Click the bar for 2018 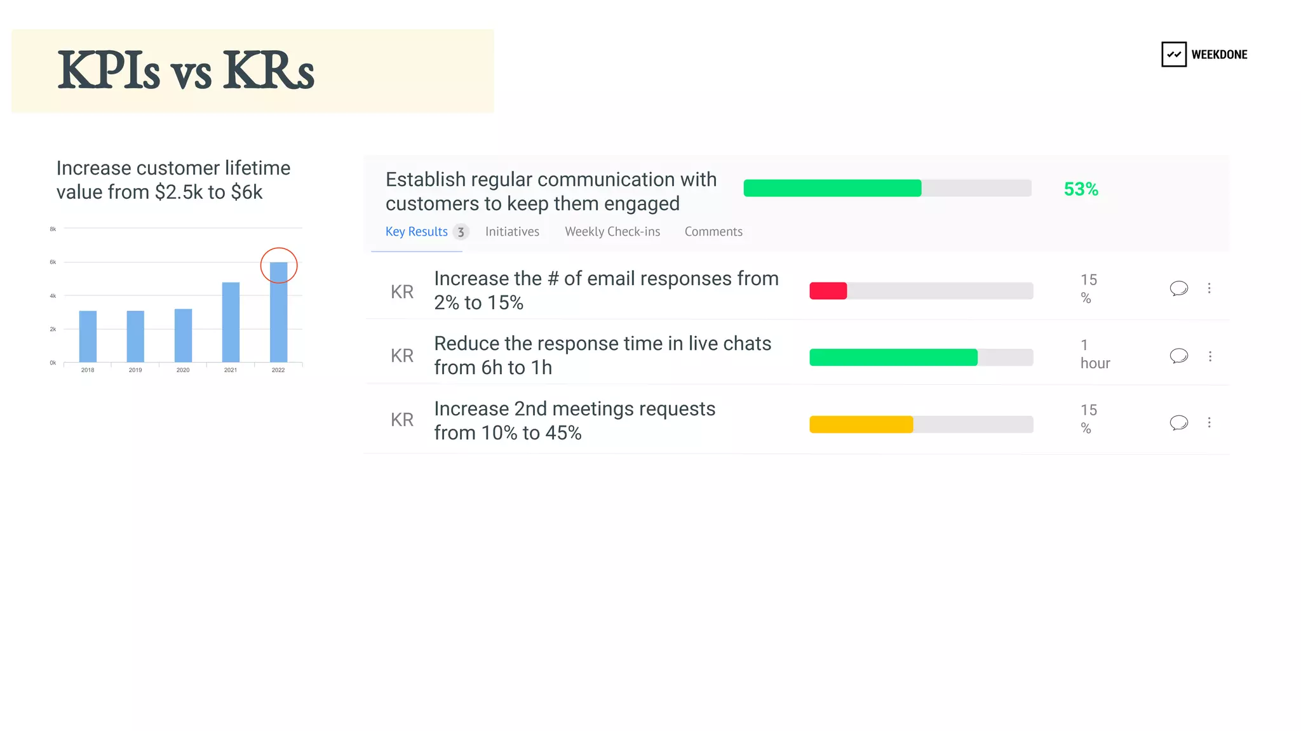point(88,336)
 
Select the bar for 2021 point(231,322)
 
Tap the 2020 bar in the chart point(183,335)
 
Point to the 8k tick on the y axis point(53,229)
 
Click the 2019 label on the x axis point(135,370)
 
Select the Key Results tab point(416,232)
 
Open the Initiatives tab point(512,232)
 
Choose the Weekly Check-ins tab point(612,232)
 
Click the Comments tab point(713,232)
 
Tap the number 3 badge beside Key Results point(461,232)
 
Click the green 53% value point(1081,189)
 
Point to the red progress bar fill point(828,291)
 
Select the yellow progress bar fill point(861,424)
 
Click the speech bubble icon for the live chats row point(1178,356)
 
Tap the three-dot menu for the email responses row point(1209,288)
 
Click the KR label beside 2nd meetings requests point(402,420)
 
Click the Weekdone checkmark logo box point(1173,55)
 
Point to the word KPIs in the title point(108,70)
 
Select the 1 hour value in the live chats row point(1095,354)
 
